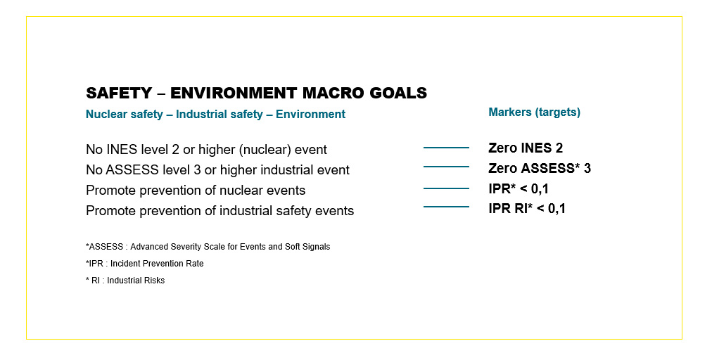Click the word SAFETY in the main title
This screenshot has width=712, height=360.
pos(119,93)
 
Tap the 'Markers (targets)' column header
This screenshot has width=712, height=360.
pos(535,112)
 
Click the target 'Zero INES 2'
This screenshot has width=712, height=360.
pos(526,148)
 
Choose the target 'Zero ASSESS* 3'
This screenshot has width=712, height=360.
pos(540,169)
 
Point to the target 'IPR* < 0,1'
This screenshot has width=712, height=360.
pos(519,188)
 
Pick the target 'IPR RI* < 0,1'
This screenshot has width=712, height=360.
pos(527,208)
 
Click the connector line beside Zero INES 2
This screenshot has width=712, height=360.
pos(446,148)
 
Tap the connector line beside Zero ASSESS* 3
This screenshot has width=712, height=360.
pos(446,167)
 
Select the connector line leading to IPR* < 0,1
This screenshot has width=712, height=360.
pos(446,188)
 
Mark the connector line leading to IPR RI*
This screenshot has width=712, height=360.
pos(446,207)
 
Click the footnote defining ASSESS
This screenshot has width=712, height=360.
pos(208,247)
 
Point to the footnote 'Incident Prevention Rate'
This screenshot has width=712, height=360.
pos(144,264)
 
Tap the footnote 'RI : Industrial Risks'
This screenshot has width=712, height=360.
pos(125,281)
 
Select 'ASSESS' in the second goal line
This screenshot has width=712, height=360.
pos(132,170)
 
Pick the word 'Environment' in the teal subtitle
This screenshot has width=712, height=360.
pos(310,114)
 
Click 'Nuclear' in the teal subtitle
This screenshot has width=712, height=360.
pos(104,114)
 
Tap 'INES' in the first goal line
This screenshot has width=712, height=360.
pos(120,150)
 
